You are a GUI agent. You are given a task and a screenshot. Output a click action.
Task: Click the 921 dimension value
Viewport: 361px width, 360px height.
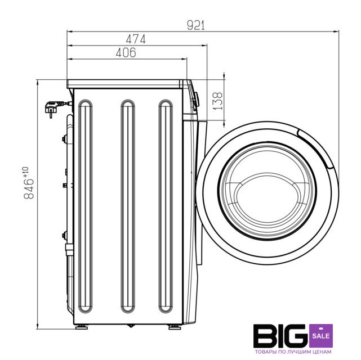point(195,25)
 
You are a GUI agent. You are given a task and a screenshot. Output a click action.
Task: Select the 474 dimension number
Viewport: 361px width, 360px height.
point(136,39)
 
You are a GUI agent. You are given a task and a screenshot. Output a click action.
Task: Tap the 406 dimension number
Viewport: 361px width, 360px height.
point(126,53)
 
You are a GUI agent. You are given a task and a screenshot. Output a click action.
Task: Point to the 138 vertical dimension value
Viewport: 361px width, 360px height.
point(217,101)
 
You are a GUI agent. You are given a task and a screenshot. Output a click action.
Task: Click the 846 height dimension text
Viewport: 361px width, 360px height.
point(29,189)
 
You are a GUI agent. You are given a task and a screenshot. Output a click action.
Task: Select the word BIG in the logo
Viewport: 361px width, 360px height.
point(280,336)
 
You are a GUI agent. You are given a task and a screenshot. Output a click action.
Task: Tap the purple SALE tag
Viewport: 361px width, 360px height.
point(321,336)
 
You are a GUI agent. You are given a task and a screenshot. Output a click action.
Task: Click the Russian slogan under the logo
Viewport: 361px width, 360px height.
point(293,352)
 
